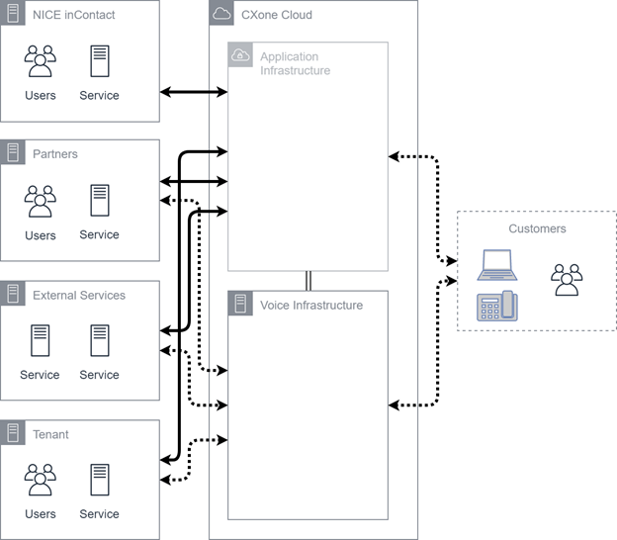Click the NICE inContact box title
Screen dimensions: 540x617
point(73,15)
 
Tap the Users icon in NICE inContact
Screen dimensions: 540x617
point(41,61)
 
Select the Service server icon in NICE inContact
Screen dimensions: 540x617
point(99,60)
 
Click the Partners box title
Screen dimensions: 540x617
point(55,154)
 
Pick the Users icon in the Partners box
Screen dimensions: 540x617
point(41,201)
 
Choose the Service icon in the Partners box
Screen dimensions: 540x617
point(99,200)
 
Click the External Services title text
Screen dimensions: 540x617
point(79,295)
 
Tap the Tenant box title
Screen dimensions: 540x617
point(51,434)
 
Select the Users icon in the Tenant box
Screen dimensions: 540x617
point(41,480)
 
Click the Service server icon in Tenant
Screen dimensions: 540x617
point(99,479)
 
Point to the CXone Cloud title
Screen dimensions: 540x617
point(276,15)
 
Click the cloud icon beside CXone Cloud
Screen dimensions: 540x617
point(221,14)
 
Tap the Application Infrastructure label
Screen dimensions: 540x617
point(295,63)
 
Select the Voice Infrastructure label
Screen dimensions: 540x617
point(310,306)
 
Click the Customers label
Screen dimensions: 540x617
point(537,228)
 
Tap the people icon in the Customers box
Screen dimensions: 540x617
point(567,279)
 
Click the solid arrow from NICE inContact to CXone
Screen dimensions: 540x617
point(194,92)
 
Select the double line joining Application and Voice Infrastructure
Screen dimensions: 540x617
point(308,280)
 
